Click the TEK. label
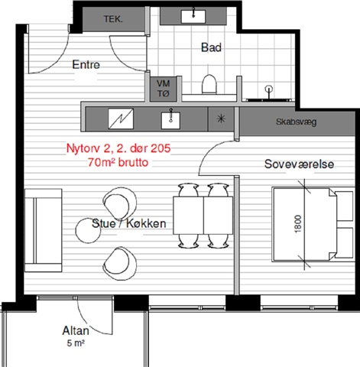coord(113,19)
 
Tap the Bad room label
coord(211,47)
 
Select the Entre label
coord(86,64)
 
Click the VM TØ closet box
coord(164,89)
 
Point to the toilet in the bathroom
coord(209,84)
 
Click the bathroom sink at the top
coord(193,16)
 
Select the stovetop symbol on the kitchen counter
coord(121,119)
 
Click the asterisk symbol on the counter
coord(221,119)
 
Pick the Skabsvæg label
coord(296,122)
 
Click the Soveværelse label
coord(299,164)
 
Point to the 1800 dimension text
coord(298,224)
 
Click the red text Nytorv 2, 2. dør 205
coord(118,148)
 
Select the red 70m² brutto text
coord(118,162)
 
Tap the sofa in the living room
coord(44,230)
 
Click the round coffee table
coord(88,230)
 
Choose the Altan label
coord(76,330)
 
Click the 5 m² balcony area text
coord(76,343)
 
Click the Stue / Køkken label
coord(128,223)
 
